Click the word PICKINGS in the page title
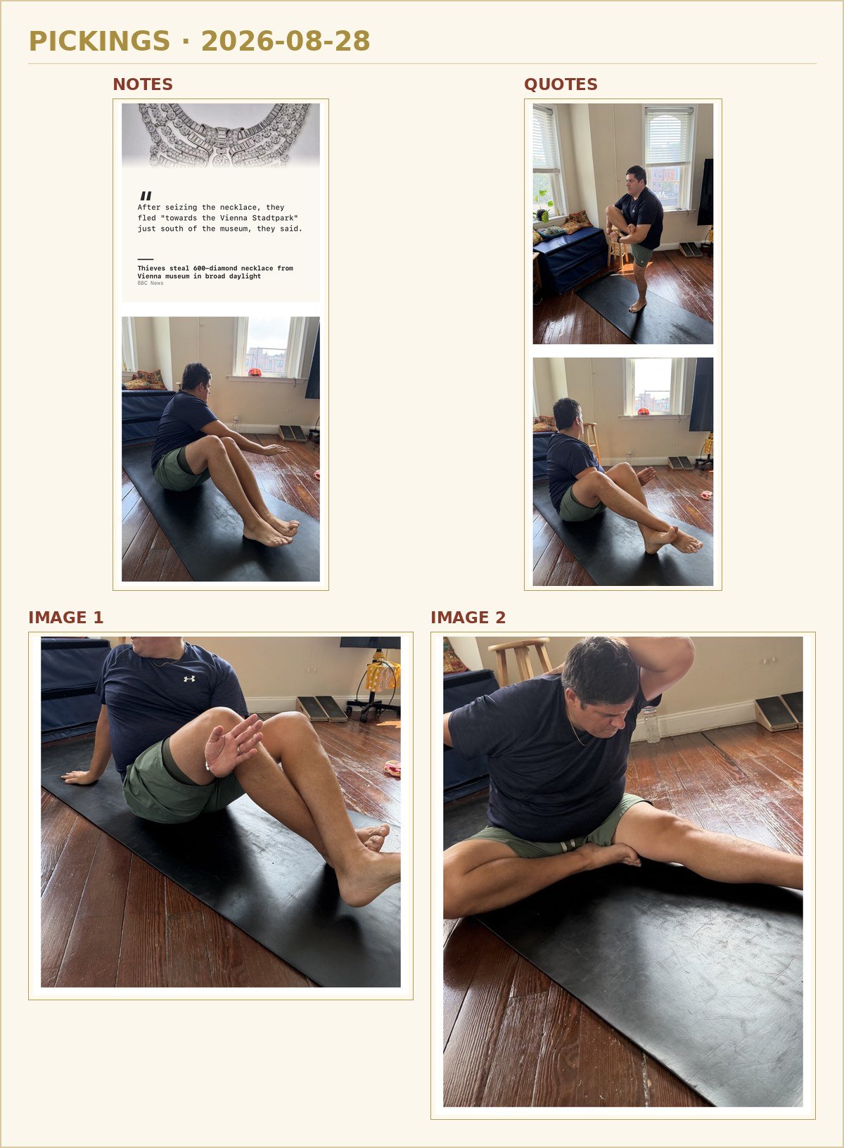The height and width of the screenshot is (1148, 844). tap(99, 41)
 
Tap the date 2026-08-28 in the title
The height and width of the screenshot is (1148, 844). tap(286, 41)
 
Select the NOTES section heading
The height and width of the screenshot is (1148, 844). tap(143, 84)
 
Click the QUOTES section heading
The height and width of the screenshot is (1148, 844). tap(561, 84)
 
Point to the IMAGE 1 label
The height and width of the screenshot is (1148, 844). tap(66, 618)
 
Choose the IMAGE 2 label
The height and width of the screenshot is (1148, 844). tap(468, 618)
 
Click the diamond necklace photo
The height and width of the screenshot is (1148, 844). tap(221, 135)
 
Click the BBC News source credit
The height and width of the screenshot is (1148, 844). tap(150, 283)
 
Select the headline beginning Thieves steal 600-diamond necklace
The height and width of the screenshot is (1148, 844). tap(215, 272)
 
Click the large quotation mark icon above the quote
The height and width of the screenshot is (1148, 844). tap(146, 196)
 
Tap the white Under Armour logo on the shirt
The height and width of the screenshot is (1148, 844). tap(189, 679)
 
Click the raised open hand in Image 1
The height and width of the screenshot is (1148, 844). tap(234, 745)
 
